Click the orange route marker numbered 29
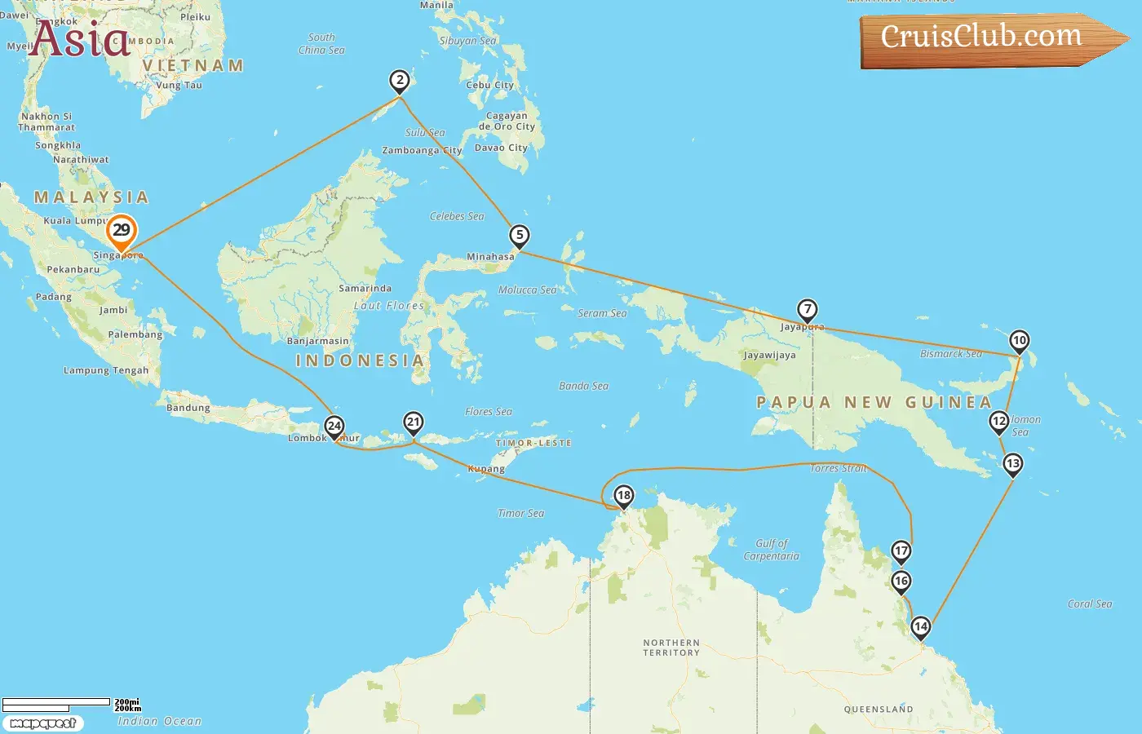point(122,231)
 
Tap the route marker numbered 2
point(399,81)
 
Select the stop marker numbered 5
point(520,236)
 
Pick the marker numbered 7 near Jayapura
point(807,310)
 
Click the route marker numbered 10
point(1019,341)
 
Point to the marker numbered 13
point(1012,464)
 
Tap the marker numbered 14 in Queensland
point(921,627)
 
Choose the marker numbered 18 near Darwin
point(624,496)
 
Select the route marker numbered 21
point(414,422)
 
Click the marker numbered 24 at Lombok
point(334,426)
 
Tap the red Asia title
point(80,39)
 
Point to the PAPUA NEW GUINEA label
point(874,402)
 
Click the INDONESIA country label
point(360,360)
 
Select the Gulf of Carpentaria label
point(771,550)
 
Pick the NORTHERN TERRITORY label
point(671,648)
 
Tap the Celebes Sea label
point(457,217)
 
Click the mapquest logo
point(43,723)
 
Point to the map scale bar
point(56,703)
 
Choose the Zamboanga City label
point(422,151)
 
